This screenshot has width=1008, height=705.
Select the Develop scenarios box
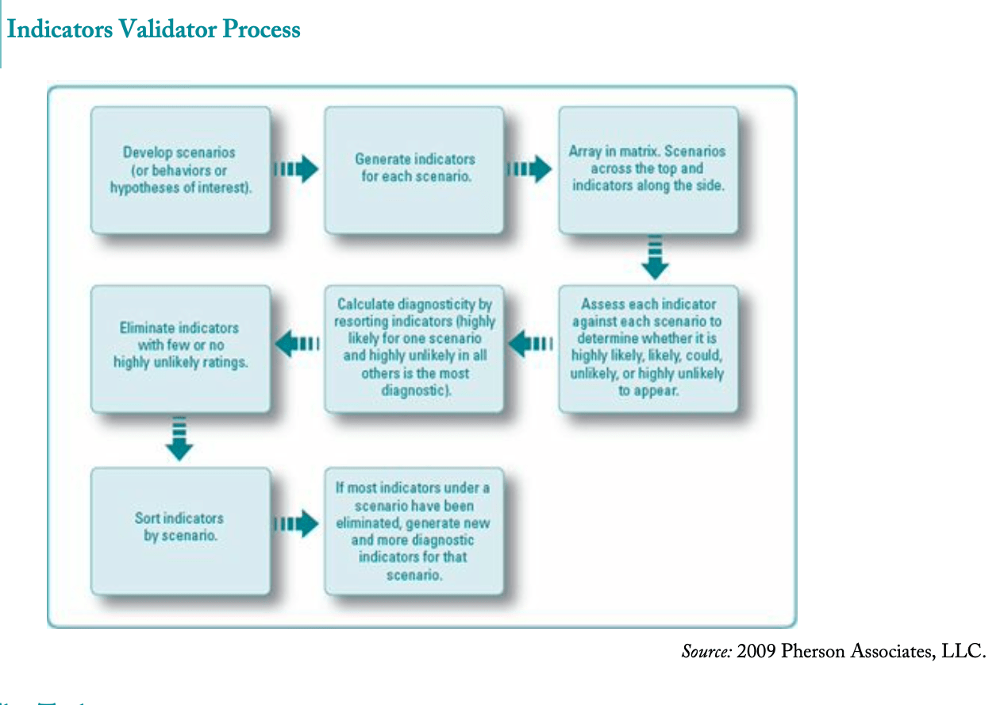click(180, 170)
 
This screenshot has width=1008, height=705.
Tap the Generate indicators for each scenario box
click(414, 170)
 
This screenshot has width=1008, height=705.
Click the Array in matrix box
click(648, 170)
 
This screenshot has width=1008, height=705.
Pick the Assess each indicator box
click(648, 349)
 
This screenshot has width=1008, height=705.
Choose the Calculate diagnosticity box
click(414, 349)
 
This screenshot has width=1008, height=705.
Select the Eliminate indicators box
click(180, 349)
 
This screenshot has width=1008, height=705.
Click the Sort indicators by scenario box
click(180, 530)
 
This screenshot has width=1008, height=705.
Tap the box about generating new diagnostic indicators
click(414, 530)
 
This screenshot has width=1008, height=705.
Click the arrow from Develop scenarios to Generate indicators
click(296, 169)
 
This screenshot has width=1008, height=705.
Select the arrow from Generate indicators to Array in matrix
click(529, 169)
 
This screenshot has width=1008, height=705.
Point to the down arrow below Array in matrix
click(655, 257)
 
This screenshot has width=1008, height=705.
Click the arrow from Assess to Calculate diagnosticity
click(530, 345)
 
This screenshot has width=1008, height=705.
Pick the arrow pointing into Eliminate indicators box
click(297, 345)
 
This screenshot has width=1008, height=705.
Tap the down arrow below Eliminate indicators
click(180, 438)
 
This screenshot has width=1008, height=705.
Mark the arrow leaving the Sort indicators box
click(296, 524)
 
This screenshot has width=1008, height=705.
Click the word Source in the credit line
click(706, 652)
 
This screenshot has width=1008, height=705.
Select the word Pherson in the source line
click(813, 652)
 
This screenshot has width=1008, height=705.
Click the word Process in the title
click(261, 29)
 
